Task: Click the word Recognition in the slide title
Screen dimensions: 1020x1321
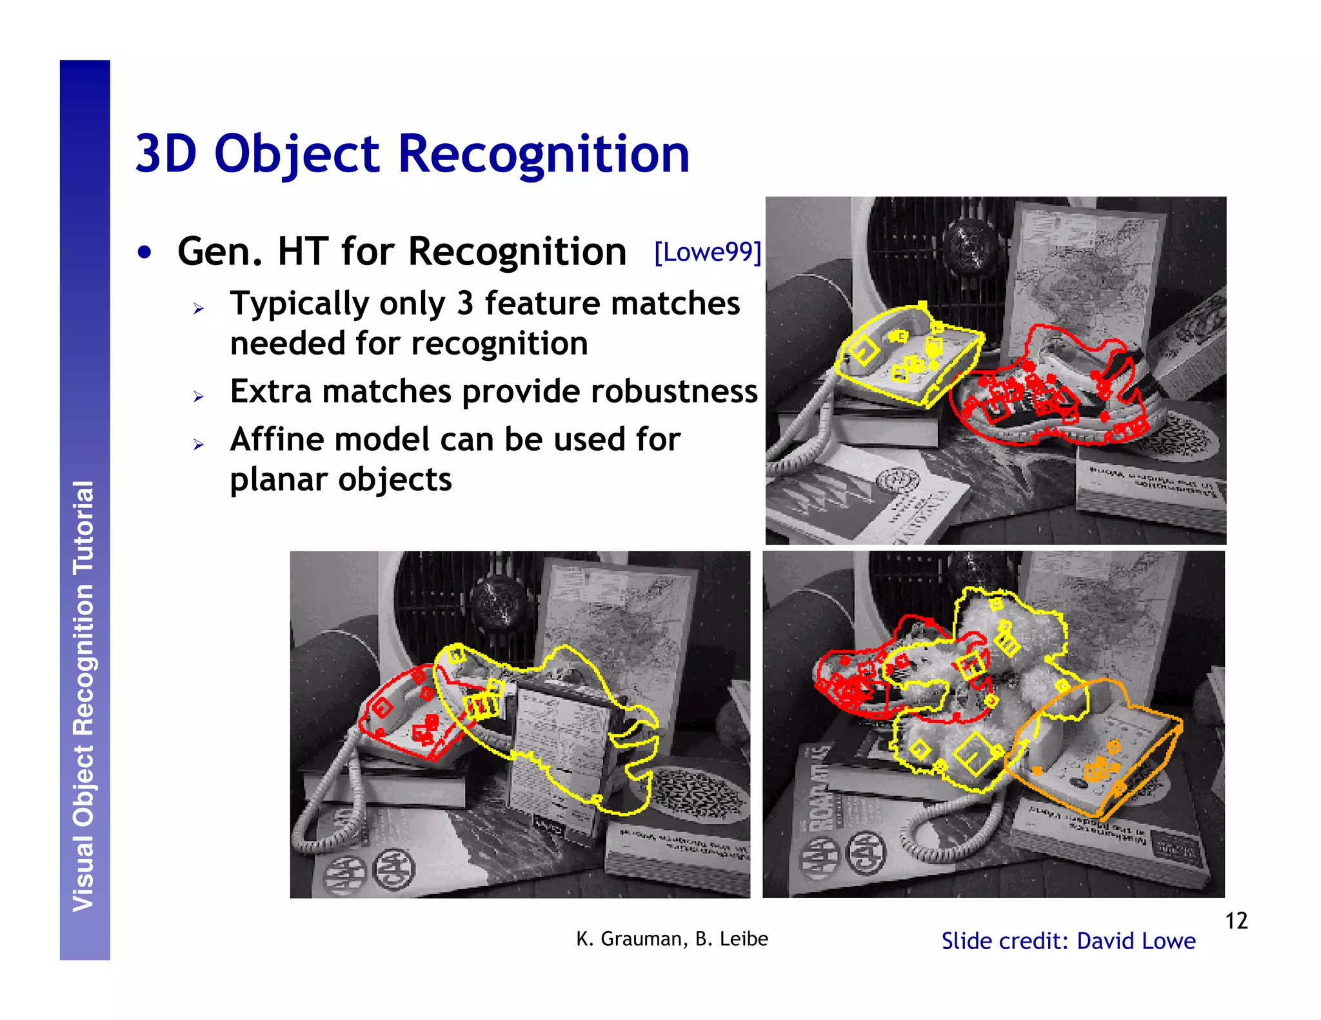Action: coord(544,155)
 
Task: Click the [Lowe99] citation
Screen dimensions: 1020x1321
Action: coord(708,252)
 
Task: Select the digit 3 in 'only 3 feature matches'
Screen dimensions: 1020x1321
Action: coord(465,303)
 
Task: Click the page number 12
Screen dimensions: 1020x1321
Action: coord(1236,921)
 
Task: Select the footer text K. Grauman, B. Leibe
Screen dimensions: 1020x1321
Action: coord(671,939)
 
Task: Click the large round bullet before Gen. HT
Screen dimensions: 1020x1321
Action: coord(144,252)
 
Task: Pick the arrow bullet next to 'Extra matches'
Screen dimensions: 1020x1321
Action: coord(199,396)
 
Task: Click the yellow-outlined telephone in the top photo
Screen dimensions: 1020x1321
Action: coord(906,355)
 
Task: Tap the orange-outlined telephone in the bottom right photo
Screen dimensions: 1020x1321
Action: coord(1097,748)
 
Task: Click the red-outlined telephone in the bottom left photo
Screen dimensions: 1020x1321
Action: coord(406,716)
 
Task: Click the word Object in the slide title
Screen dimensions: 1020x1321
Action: coord(297,155)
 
